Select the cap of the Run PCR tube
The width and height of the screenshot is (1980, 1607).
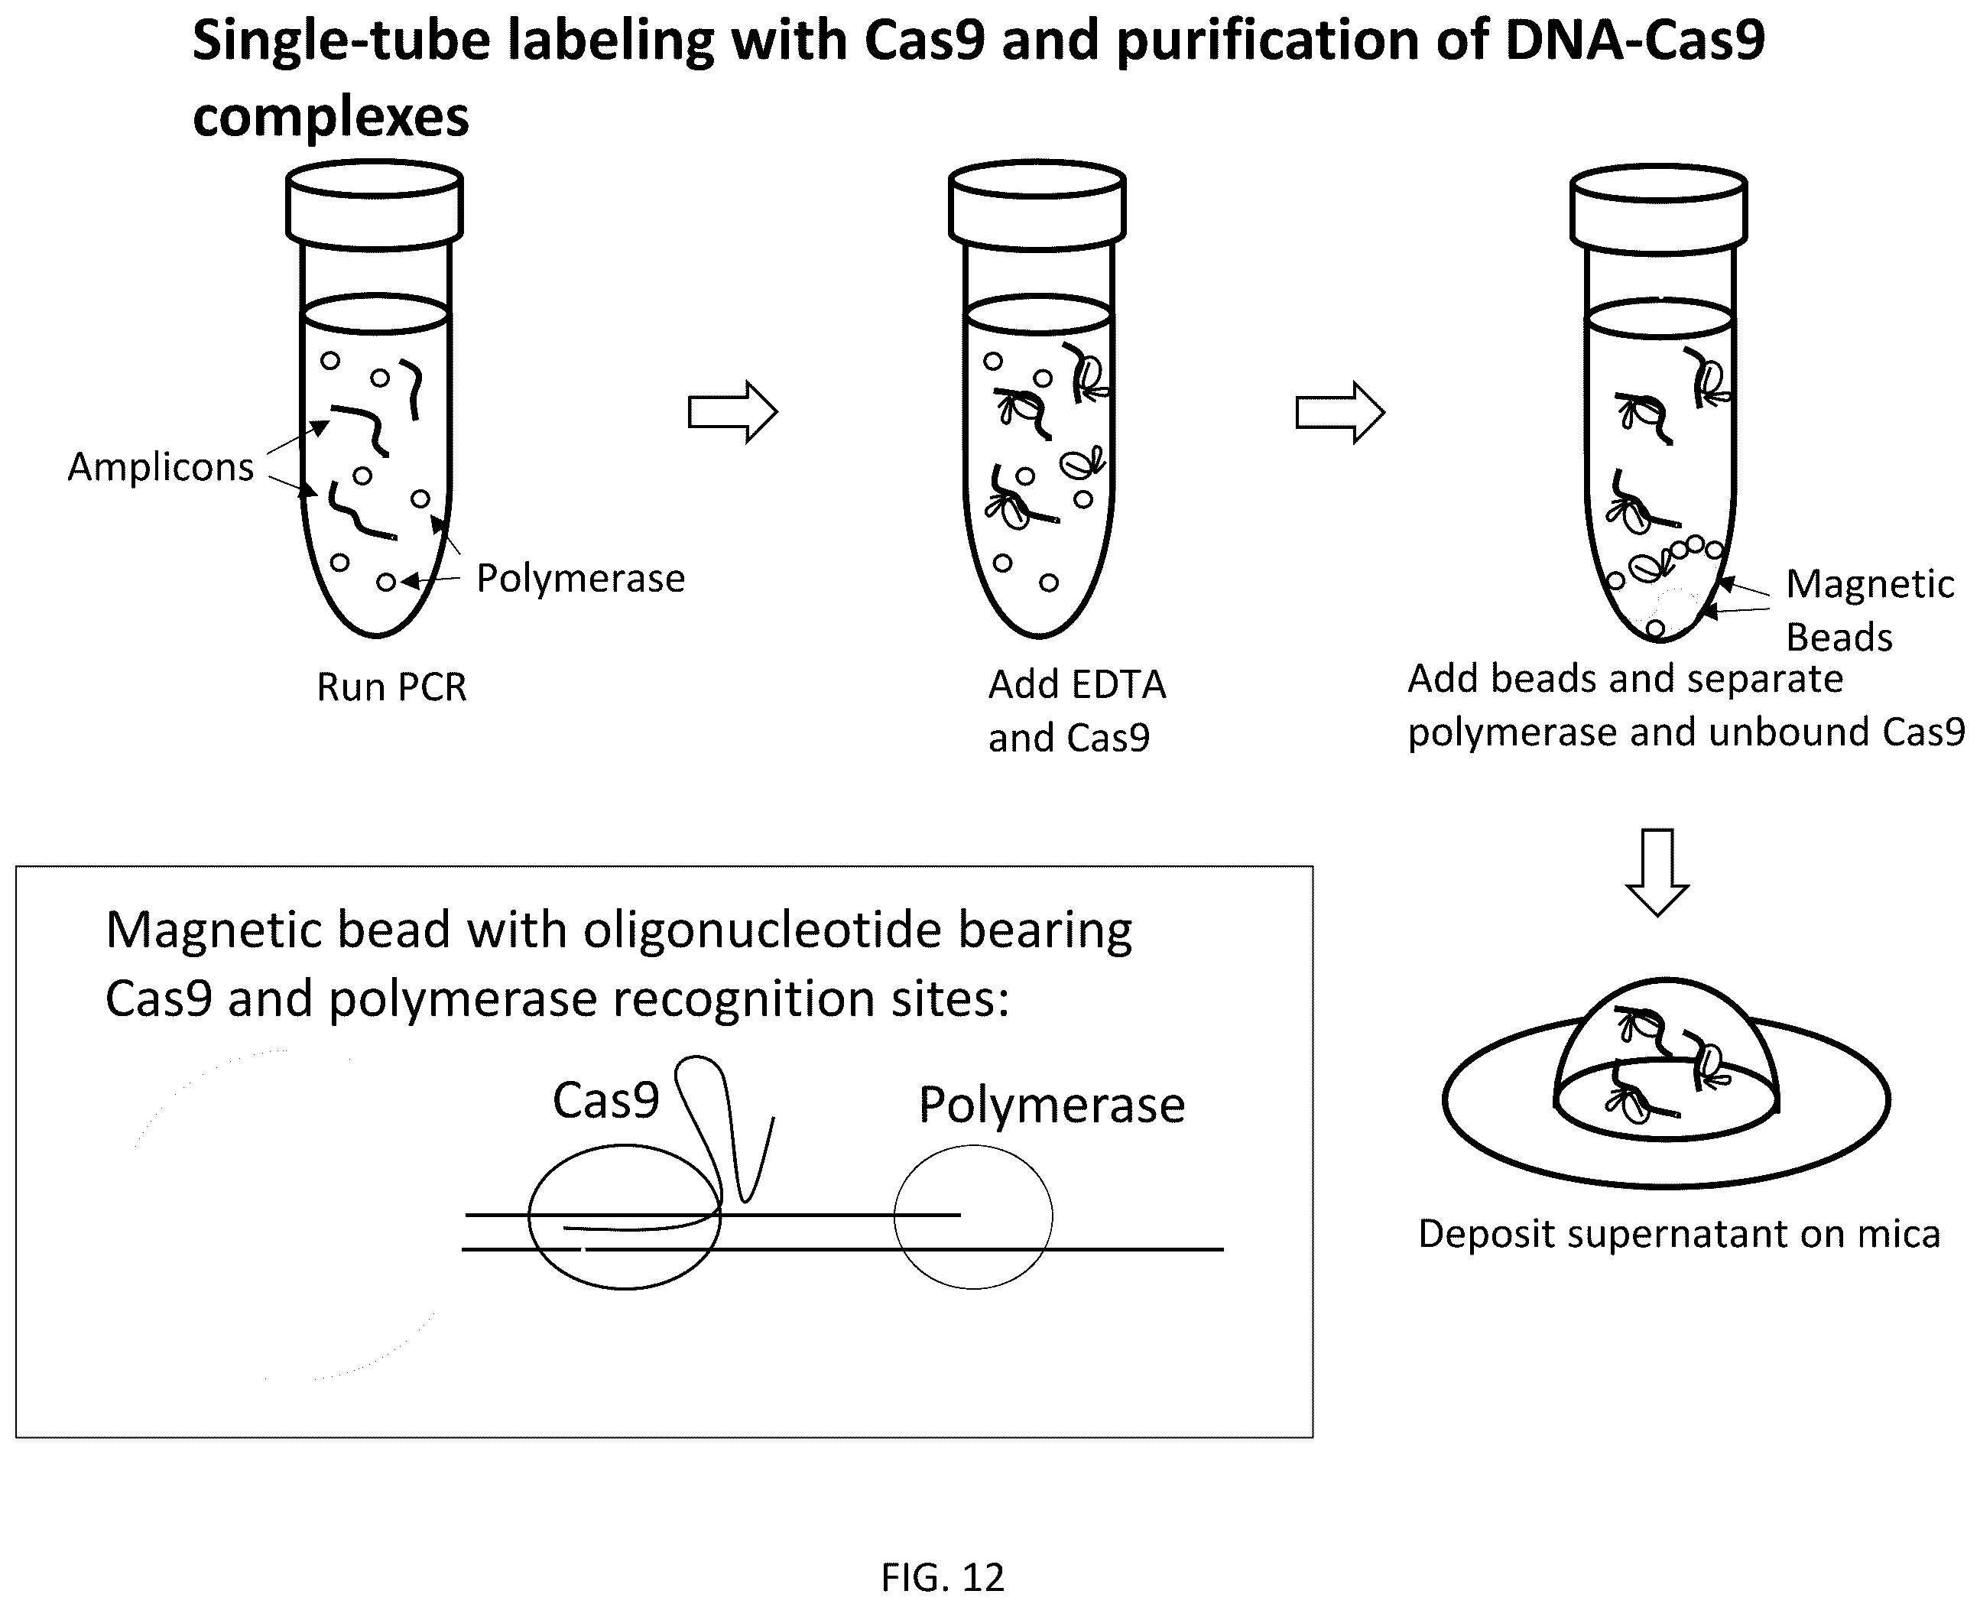(x=375, y=205)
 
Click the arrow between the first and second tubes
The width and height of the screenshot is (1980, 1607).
(x=732, y=412)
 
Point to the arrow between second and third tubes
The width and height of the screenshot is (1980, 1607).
(x=1339, y=412)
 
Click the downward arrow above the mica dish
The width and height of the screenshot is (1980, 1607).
(x=1657, y=872)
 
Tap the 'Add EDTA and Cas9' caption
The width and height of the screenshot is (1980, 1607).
(x=1077, y=711)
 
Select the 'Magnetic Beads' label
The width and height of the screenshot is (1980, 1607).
(x=1870, y=610)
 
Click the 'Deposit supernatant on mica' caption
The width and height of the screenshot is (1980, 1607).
(x=1679, y=1234)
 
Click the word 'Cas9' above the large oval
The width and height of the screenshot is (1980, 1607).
(x=605, y=1101)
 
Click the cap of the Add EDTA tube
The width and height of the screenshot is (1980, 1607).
(x=1037, y=205)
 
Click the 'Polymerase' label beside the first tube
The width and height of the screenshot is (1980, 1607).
(x=580, y=579)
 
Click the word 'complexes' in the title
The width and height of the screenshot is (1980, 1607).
(x=330, y=118)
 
